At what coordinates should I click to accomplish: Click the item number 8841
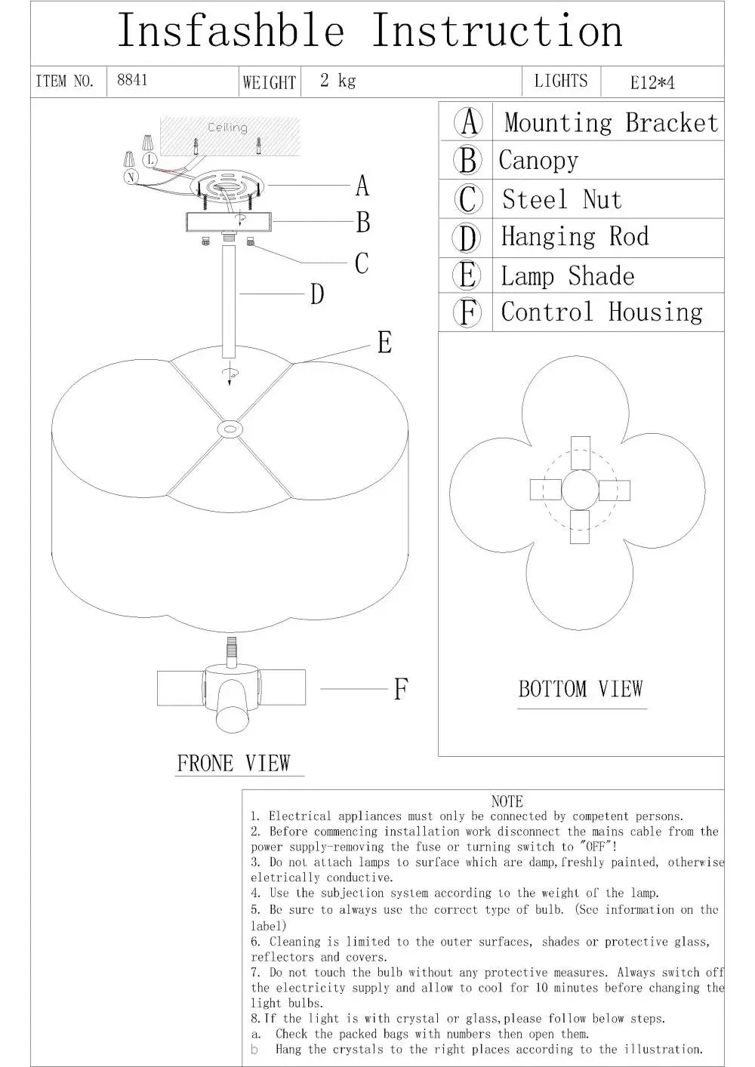pos(132,80)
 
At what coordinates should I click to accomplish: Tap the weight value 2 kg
pos(337,80)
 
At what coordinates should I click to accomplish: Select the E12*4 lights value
pos(652,82)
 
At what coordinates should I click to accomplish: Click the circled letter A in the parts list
pos(469,122)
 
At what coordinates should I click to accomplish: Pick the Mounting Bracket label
pos(611,122)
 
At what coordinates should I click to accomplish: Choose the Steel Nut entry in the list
pos(562,200)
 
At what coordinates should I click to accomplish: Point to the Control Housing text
pos(602,312)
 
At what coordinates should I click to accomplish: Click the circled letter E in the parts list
pos(467,275)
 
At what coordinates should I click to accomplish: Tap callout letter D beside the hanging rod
pos(317,294)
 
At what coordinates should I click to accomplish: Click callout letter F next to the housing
pos(401,689)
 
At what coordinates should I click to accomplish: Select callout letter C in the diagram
pos(362,263)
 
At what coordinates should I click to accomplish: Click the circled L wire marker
pos(150,159)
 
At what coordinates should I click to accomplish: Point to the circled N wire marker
pos(132,177)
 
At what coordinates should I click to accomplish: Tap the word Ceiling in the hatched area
pos(227,128)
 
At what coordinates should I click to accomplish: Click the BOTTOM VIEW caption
pos(580,689)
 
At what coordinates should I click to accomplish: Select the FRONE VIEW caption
pos(233,763)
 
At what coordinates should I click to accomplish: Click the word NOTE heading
pos(507,801)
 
